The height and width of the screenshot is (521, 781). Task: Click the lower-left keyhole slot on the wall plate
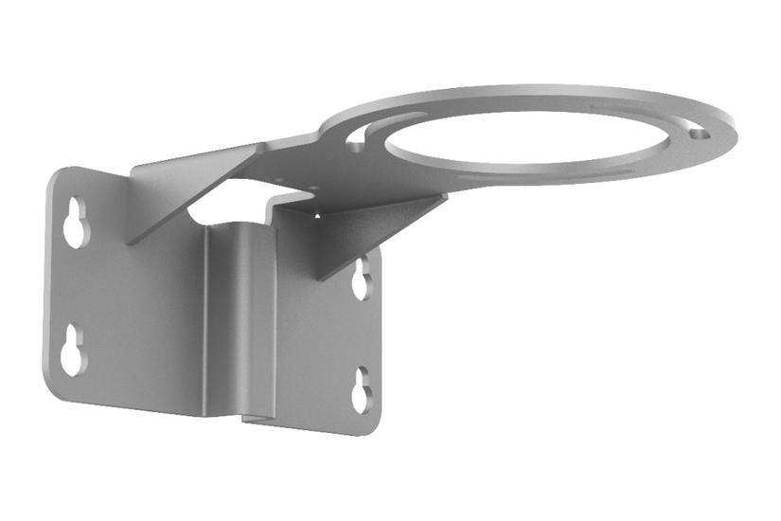[x=73, y=351]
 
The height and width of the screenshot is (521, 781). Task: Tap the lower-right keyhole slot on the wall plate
[x=361, y=390]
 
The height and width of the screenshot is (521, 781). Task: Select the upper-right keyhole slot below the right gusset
[x=362, y=280]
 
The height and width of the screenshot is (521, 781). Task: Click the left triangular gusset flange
[x=180, y=189]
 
